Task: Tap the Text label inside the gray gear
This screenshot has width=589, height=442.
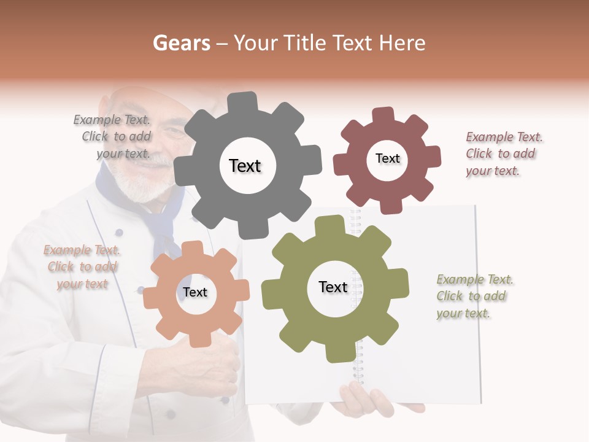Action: (245, 166)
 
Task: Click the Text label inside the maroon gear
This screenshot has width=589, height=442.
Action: (387, 158)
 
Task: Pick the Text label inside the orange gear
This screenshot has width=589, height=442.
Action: (195, 292)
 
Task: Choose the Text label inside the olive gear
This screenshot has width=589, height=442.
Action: (333, 287)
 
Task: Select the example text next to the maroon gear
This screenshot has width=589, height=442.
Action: (504, 154)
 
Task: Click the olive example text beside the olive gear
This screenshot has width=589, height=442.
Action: (474, 297)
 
